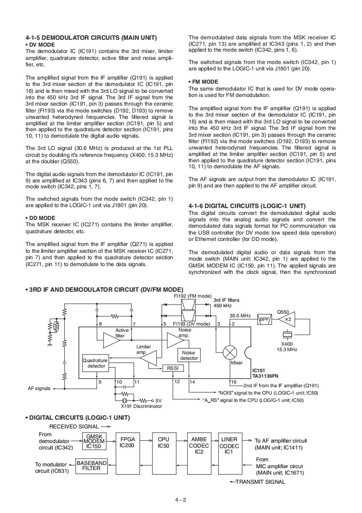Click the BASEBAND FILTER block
91,465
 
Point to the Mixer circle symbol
230,353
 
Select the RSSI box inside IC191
173,368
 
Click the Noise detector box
189,355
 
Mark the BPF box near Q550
265,319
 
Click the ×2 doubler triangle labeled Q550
287,319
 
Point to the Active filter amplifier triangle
111,340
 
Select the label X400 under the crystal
287,344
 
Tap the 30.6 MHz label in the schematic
240,315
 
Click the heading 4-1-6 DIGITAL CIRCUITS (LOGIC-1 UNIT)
247,206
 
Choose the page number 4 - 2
181,499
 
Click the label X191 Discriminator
141,406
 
